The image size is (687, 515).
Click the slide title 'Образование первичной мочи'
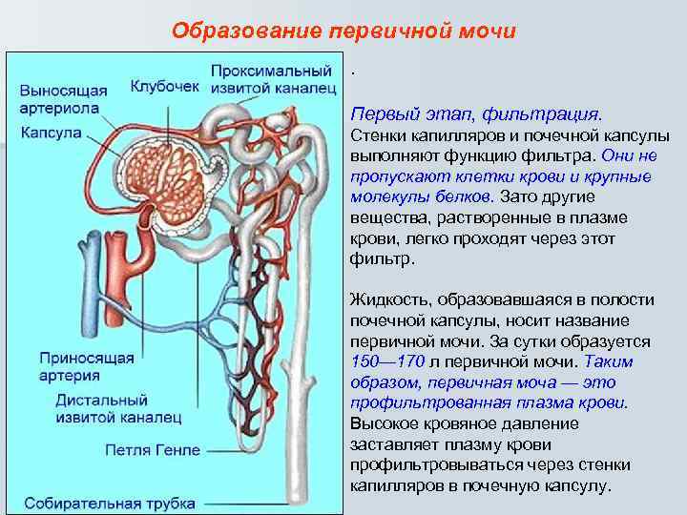(343, 31)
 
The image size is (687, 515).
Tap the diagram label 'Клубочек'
(164, 87)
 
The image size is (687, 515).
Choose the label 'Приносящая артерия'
(86, 367)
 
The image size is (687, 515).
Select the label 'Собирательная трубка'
(110, 503)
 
